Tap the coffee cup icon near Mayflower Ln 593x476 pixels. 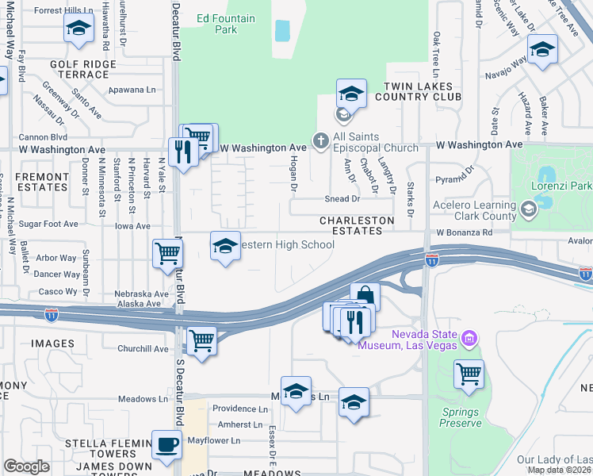[166, 445]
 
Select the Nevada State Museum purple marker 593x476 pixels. [469, 340]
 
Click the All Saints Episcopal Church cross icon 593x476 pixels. [320, 140]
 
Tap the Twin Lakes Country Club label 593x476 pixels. [418, 91]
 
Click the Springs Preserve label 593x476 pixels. [460, 417]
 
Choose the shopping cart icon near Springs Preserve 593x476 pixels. [469, 372]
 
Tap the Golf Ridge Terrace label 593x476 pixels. [79, 69]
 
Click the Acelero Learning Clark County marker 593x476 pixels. [526, 209]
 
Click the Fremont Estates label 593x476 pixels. [42, 182]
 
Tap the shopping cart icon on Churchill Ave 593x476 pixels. [201, 341]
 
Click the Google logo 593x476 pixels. [26, 466]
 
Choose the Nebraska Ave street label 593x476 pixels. [142, 294]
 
